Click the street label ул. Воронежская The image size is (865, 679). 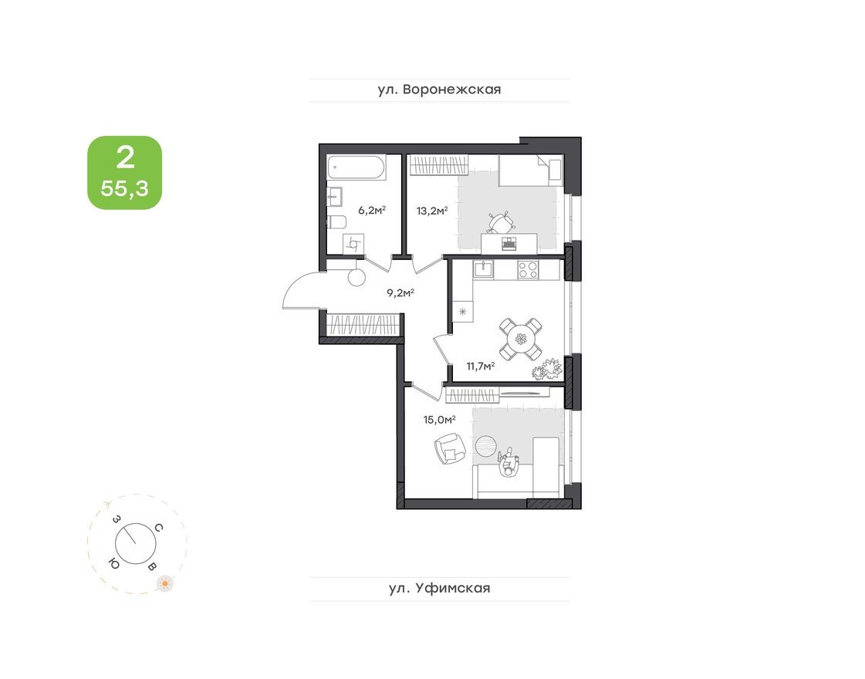(x=439, y=90)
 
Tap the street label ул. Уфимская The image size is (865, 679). (x=439, y=589)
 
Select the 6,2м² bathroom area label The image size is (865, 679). (x=371, y=209)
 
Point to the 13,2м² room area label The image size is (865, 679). (x=433, y=209)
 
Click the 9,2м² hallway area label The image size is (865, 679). (x=400, y=292)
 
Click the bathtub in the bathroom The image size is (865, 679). (x=356, y=168)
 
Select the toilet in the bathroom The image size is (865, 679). (x=336, y=222)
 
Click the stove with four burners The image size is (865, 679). (x=528, y=269)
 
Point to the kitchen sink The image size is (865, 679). (x=485, y=269)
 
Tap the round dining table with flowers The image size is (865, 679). (x=520, y=339)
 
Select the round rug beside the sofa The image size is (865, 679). (x=488, y=446)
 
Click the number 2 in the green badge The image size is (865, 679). (x=124, y=158)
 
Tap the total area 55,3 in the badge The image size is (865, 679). (x=124, y=189)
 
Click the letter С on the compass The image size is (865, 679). (x=158, y=528)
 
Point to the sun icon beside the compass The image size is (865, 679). (x=164, y=583)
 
